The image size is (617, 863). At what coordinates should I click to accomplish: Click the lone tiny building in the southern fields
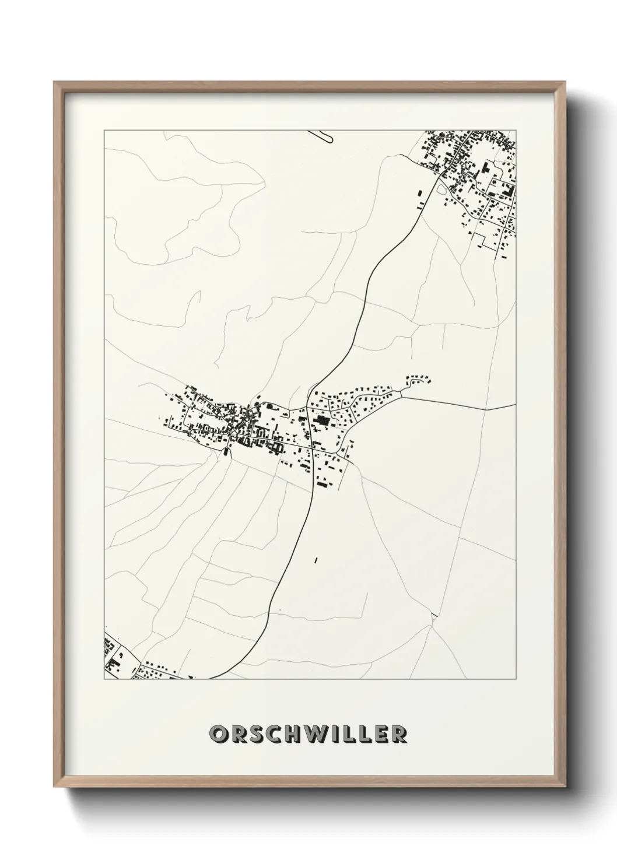point(315,561)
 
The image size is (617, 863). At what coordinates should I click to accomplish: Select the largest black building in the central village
point(321,420)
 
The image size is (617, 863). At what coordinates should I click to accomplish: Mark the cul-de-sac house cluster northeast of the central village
point(419,380)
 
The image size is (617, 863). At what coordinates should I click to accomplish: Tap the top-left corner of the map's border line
point(104,131)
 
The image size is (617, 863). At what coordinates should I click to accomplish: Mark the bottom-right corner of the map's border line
point(516,679)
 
